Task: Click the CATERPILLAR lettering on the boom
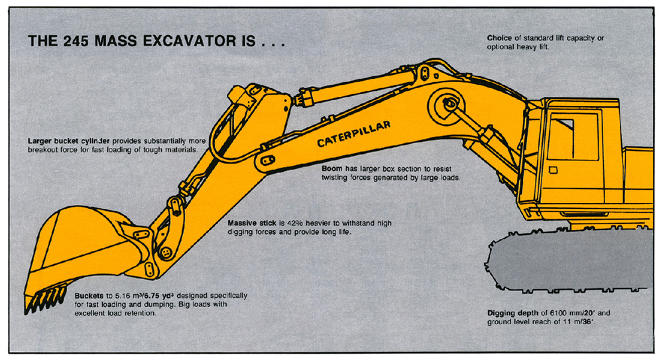pos(353,133)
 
